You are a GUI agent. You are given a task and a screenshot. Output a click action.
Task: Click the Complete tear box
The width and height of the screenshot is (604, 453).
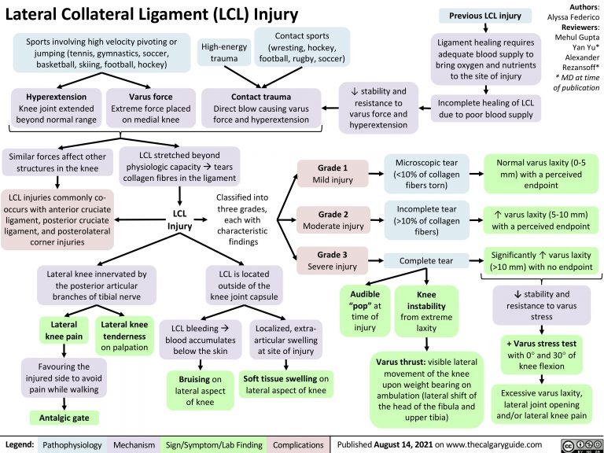[x=425, y=260]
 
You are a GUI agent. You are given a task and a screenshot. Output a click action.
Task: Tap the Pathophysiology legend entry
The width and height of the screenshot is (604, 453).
[x=72, y=444]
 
